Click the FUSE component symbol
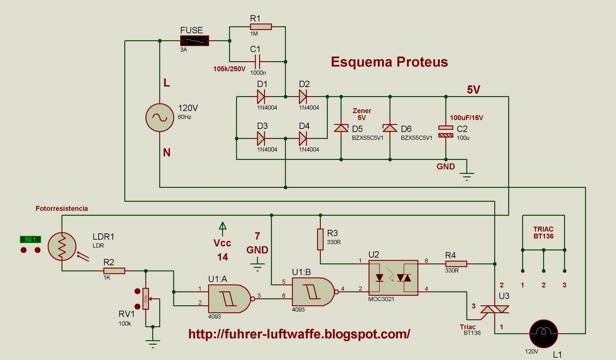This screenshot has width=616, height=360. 194,40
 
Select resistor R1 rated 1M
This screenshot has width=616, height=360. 261,27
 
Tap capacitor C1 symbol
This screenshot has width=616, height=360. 257,61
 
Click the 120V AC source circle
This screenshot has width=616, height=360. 159,117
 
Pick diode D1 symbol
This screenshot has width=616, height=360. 261,97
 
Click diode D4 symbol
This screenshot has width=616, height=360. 303,138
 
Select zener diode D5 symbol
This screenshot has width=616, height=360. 341,128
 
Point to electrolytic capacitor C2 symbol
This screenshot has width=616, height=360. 446,131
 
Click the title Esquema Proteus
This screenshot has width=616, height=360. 389,62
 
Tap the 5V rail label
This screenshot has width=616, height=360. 473,90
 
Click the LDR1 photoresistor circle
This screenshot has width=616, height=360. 62,246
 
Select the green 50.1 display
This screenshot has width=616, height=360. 30,239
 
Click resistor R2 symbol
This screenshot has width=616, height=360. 114,271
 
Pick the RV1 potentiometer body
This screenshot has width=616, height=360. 146,299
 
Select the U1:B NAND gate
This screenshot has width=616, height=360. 313,292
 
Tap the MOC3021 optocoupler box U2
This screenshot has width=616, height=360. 393,277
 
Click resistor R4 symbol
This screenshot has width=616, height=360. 456,264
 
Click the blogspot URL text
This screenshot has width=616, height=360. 299,333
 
